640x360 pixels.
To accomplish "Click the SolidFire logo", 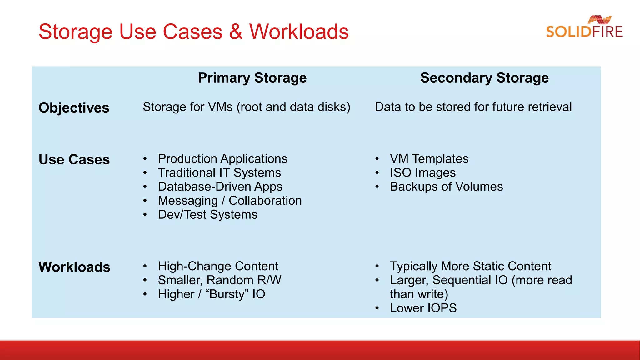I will tap(584, 27).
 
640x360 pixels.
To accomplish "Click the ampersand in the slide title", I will tap(236, 32).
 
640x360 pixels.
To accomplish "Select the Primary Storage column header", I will tap(252, 77).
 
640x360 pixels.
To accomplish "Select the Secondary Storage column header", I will tap(484, 77).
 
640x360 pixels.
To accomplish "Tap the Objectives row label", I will tap(74, 108).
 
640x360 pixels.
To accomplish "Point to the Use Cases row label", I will tap(74, 159).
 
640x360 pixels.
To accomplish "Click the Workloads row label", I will tap(74, 267).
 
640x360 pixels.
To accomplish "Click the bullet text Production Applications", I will tap(222, 159).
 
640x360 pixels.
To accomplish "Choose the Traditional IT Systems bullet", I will tap(219, 173).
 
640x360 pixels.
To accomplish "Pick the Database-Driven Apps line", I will tap(220, 187).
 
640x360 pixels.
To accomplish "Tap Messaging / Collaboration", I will tap(230, 201).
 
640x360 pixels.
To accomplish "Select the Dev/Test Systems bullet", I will tap(207, 215).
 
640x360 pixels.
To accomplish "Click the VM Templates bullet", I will tap(429, 159).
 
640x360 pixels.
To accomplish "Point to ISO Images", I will tap(422, 173).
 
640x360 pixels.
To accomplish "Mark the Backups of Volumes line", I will tap(446, 187).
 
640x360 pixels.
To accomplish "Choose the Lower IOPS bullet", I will tap(423, 308).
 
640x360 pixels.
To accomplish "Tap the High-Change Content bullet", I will tap(218, 266).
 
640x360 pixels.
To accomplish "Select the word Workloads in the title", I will tap(299, 32).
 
